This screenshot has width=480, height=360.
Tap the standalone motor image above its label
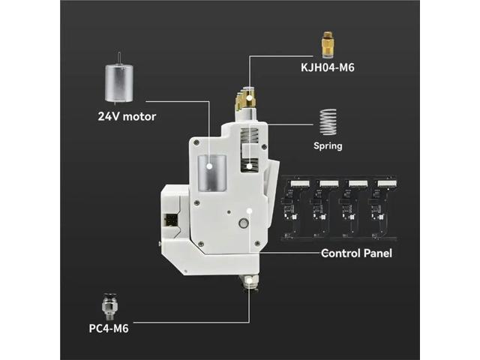[x=121, y=82]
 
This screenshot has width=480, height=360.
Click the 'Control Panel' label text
[x=356, y=253]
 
